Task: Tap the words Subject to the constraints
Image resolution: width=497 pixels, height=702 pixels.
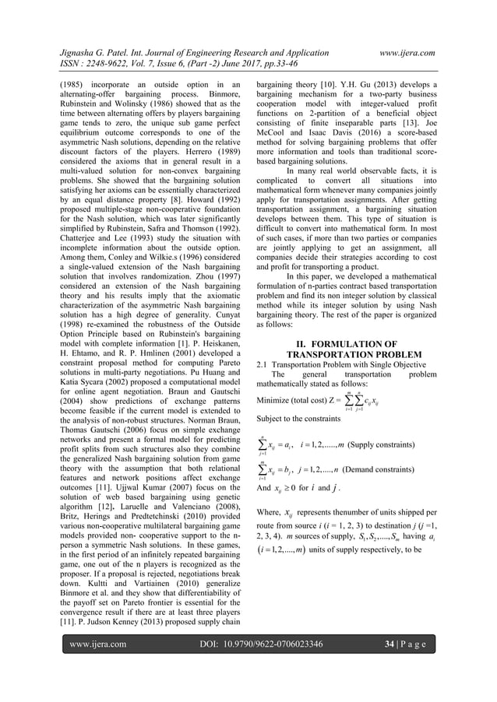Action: (298, 419)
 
